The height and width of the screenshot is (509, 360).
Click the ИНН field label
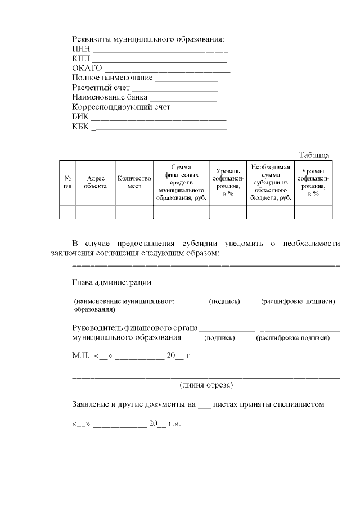tap(81, 49)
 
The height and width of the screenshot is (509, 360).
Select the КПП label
tap(81, 58)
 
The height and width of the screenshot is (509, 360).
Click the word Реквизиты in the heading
tap(92, 39)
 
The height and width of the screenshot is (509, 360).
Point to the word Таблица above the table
tap(314, 155)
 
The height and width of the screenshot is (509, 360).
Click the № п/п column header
tap(67, 182)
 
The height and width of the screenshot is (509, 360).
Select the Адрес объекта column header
tap(95, 182)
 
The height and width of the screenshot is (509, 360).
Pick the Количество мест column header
tap(134, 182)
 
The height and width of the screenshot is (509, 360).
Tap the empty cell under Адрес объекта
tap(95, 211)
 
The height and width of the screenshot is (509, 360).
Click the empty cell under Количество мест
tap(134, 211)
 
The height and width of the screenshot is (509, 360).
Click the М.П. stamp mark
tap(82, 355)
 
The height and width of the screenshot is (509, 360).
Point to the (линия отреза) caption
tap(206, 385)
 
